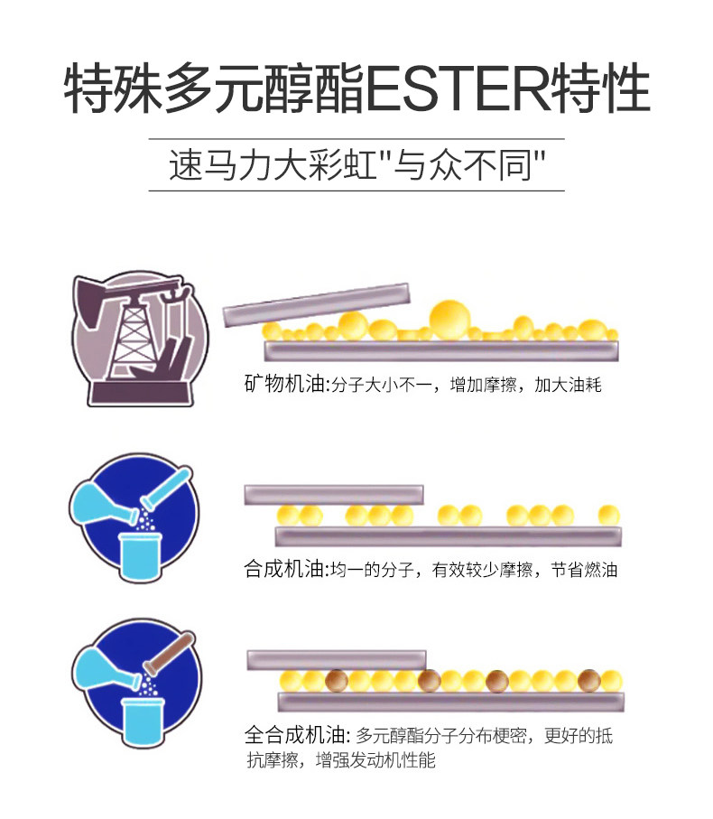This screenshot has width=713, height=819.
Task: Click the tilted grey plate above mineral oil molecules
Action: pyautogui.click(x=316, y=305)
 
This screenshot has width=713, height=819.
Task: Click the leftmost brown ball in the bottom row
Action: pyautogui.click(x=337, y=679)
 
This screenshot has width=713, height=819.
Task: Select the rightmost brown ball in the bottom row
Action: pyautogui.click(x=588, y=679)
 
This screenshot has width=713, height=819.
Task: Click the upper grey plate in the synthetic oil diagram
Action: pyautogui.click(x=333, y=494)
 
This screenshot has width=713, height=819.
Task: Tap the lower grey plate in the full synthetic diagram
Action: pyautogui.click(x=450, y=701)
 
